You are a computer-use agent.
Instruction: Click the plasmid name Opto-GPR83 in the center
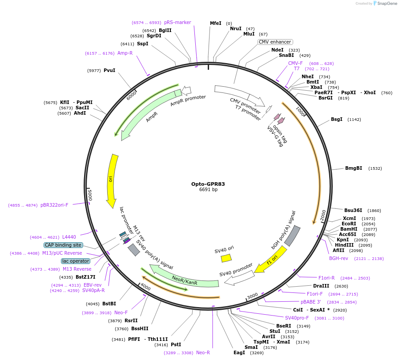tap(208, 184)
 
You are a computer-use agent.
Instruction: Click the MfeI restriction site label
tap(215, 23)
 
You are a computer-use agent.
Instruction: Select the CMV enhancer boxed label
tap(275, 42)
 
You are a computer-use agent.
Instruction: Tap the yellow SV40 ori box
tap(226, 258)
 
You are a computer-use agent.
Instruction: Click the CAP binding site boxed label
tap(63, 245)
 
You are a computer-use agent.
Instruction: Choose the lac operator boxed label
tap(76, 261)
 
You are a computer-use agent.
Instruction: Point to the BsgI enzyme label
tap(337, 119)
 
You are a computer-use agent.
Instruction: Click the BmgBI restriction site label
tap(354, 168)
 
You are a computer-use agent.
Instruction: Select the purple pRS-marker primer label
tap(177, 22)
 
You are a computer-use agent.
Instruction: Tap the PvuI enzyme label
tap(109, 70)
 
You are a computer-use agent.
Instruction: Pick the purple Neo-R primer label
tap(203, 352)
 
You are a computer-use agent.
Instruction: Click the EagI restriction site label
tap(239, 352)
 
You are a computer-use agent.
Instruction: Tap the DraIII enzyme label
tap(321, 286)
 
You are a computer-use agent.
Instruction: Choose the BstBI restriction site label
tap(109, 304)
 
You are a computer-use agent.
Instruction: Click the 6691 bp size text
tap(208, 190)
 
